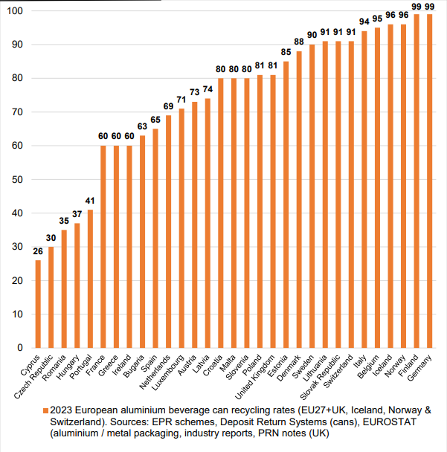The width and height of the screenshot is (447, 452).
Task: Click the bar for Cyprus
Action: coord(38,303)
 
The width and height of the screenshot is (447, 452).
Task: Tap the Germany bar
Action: coord(428,181)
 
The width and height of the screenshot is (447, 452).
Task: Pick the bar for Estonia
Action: coord(286,204)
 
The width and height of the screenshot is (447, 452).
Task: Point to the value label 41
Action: coord(89,202)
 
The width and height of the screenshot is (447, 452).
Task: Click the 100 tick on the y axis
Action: coord(15,12)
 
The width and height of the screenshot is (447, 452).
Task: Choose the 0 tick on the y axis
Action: coord(20,347)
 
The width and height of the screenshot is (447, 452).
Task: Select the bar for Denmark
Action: coord(299,199)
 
